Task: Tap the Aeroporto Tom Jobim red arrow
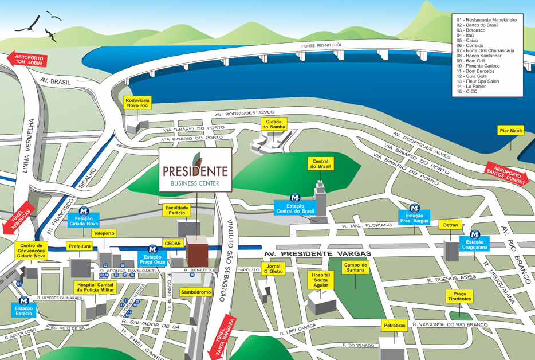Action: click(28, 62)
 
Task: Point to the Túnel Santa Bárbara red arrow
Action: click(223, 338)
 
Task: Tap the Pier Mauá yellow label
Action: click(511, 131)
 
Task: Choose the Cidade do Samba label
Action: click(273, 124)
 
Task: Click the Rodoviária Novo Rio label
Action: click(137, 103)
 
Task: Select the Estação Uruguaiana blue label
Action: click(475, 245)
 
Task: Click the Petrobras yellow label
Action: click(394, 326)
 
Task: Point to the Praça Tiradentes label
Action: click(459, 296)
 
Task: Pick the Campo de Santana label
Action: click(356, 268)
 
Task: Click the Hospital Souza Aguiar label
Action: click(321, 279)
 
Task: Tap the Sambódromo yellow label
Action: click(196, 292)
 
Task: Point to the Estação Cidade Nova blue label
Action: click(84, 221)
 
